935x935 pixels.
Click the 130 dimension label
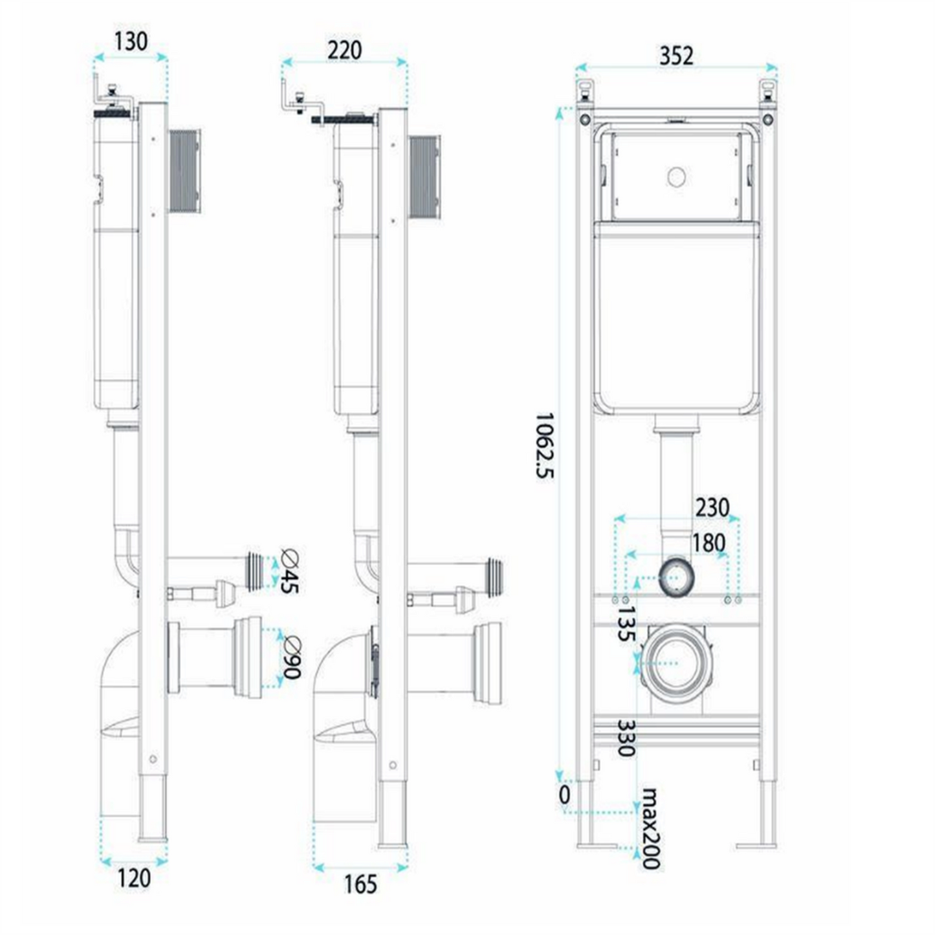click(131, 41)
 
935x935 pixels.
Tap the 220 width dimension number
click(344, 50)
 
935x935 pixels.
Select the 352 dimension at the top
click(676, 56)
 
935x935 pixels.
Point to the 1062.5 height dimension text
click(545, 446)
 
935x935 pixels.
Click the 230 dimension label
click(712, 507)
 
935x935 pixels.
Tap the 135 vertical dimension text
click(626, 623)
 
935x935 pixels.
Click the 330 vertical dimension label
click(626, 752)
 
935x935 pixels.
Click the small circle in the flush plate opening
click(676, 177)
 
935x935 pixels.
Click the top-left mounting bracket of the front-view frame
click(584, 92)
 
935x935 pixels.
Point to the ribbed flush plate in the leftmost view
click(184, 171)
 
